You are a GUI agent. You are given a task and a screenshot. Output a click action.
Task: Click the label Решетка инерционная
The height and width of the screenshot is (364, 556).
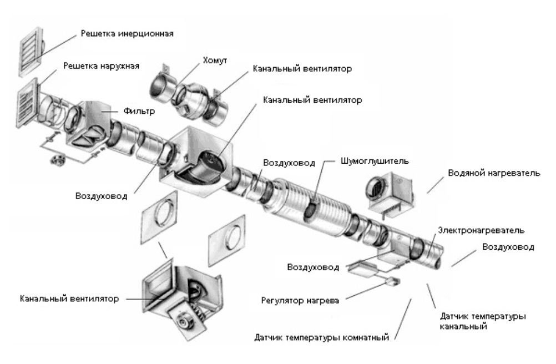tap(128, 33)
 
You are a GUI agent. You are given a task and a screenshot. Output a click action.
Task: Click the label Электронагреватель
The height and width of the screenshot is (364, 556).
tap(481, 229)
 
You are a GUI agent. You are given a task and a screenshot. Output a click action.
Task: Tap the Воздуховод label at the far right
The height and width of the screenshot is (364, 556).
tap(508, 247)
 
